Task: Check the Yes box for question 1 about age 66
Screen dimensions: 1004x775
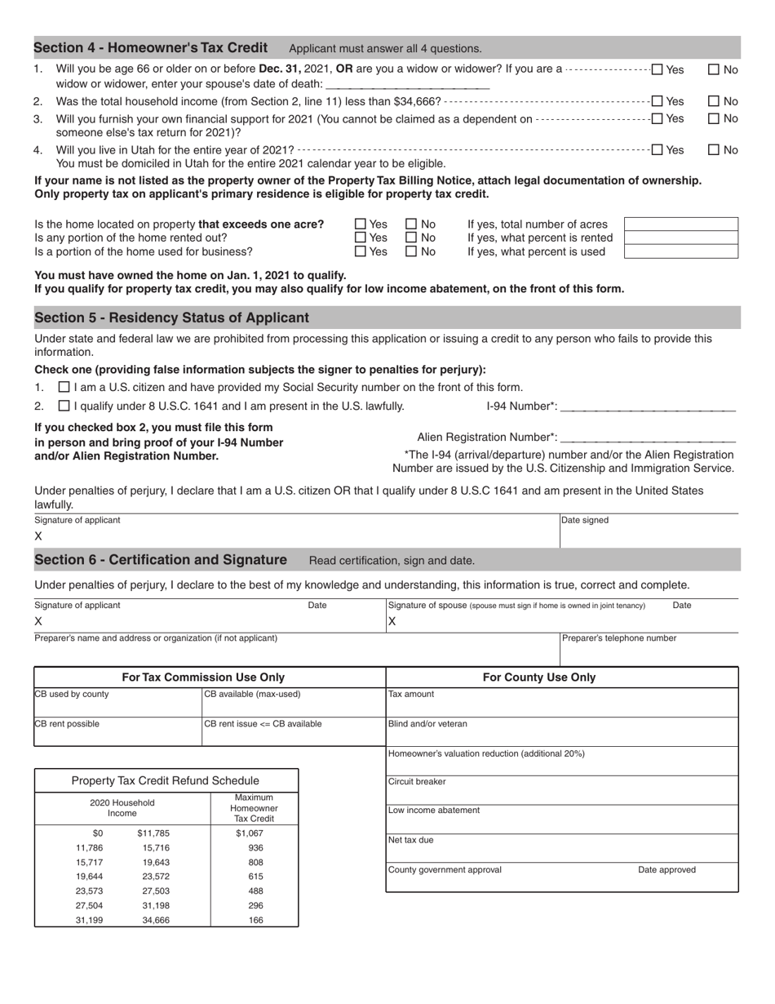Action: point(658,69)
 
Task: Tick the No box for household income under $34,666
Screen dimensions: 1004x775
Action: point(713,101)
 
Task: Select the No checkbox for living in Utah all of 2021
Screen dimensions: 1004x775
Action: point(713,149)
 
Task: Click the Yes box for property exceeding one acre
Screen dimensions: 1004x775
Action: point(361,224)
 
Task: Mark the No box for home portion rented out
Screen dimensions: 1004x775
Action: point(411,238)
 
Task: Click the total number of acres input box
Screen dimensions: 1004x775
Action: point(680,224)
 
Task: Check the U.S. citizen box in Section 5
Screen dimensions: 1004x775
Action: point(64,387)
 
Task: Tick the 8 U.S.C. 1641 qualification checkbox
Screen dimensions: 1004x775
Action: point(64,406)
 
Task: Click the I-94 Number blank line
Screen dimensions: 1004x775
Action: point(648,407)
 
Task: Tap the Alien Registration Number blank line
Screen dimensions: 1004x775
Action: point(648,438)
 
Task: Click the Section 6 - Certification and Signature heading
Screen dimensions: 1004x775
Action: point(161,560)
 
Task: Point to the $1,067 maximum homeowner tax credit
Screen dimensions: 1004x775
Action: point(255,833)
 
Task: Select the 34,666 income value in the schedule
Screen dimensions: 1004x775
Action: point(156,920)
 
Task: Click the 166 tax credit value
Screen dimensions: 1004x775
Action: point(255,920)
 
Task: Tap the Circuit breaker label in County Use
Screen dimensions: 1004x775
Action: point(417,781)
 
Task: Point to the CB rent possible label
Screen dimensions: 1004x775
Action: point(67,723)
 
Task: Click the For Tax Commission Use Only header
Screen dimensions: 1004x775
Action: point(203,677)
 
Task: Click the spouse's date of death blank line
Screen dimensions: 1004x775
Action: point(407,83)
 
